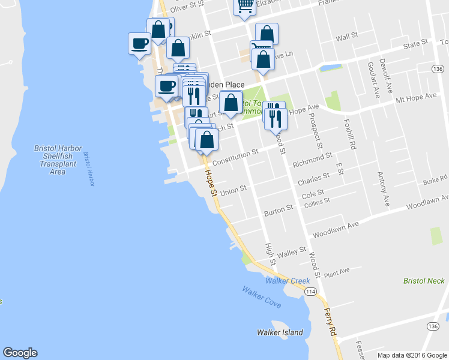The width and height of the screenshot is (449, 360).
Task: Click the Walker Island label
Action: (x=280, y=332)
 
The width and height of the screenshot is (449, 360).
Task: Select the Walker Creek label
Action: (x=288, y=281)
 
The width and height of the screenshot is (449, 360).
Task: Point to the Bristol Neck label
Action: (x=424, y=280)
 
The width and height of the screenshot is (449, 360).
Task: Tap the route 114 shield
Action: (x=310, y=292)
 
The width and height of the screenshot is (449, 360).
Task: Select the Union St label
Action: (x=234, y=190)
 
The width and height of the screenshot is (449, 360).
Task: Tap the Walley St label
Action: (x=292, y=251)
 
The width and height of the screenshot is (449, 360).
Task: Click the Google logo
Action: (x=20, y=353)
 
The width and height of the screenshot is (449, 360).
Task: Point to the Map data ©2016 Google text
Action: (x=412, y=355)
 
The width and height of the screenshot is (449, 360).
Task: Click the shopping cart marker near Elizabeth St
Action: (x=244, y=6)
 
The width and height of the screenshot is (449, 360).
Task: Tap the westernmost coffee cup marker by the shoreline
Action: (x=140, y=43)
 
